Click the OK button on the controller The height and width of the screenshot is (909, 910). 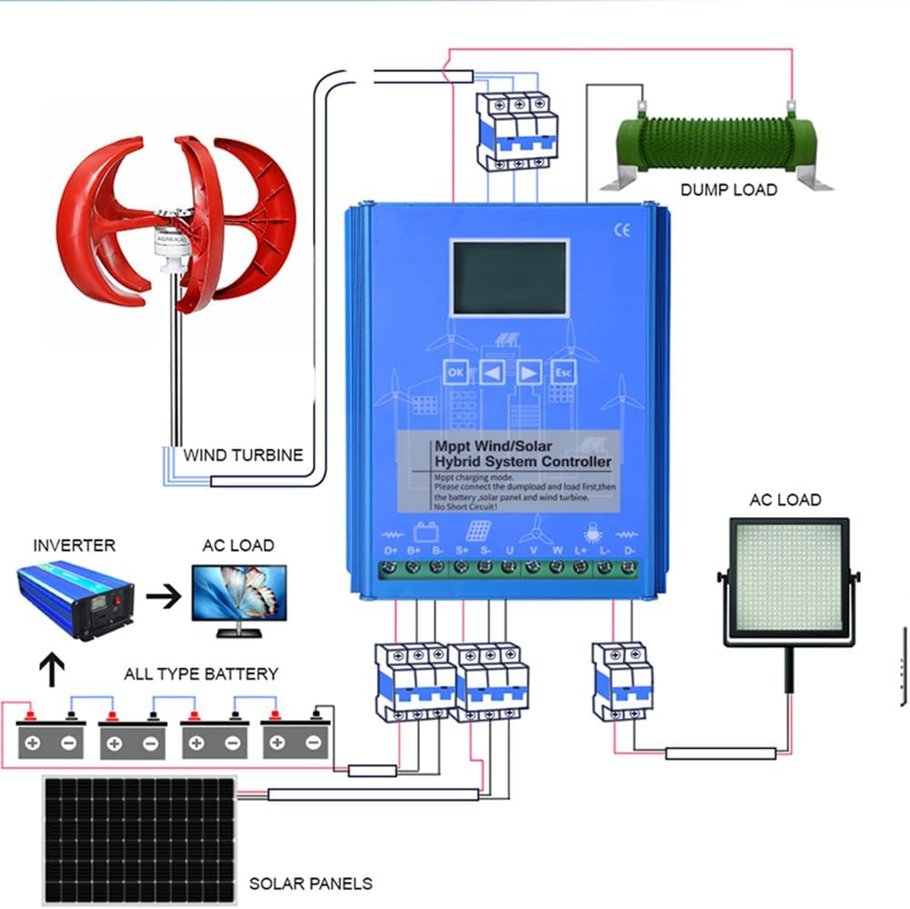tap(456, 372)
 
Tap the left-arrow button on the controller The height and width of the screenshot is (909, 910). tap(493, 372)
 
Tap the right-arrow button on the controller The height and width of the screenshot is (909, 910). tap(529, 372)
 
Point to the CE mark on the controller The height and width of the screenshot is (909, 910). tap(622, 231)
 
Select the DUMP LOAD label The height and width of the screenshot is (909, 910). tap(729, 190)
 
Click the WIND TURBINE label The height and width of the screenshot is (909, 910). tap(244, 455)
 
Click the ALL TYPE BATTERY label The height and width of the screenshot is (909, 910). tap(201, 674)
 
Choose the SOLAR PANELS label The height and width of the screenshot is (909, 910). tap(311, 883)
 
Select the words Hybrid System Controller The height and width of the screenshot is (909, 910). tap(510, 462)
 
